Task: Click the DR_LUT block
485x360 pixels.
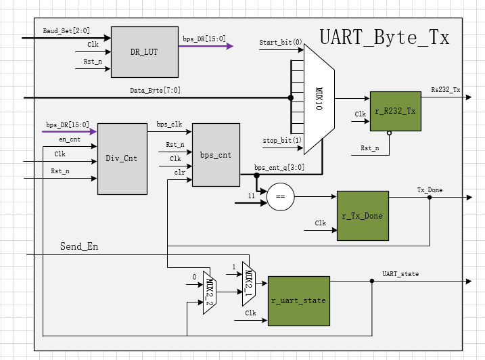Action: [144, 52]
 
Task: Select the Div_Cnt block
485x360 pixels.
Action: [122, 158]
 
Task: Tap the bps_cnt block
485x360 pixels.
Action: [216, 155]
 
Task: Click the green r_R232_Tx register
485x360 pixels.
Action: [394, 111]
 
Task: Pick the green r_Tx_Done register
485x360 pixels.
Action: [363, 216]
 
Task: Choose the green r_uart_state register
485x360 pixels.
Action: [298, 301]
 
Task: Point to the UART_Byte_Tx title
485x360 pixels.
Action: [384, 37]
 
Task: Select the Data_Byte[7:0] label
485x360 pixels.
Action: [155, 91]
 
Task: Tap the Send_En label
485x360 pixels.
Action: [79, 246]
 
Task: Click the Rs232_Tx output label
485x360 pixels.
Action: [446, 89]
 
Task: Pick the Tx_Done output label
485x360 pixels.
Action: [430, 190]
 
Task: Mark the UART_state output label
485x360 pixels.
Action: [400, 273]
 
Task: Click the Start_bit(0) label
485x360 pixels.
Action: [281, 43]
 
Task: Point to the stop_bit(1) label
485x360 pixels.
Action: [282, 140]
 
